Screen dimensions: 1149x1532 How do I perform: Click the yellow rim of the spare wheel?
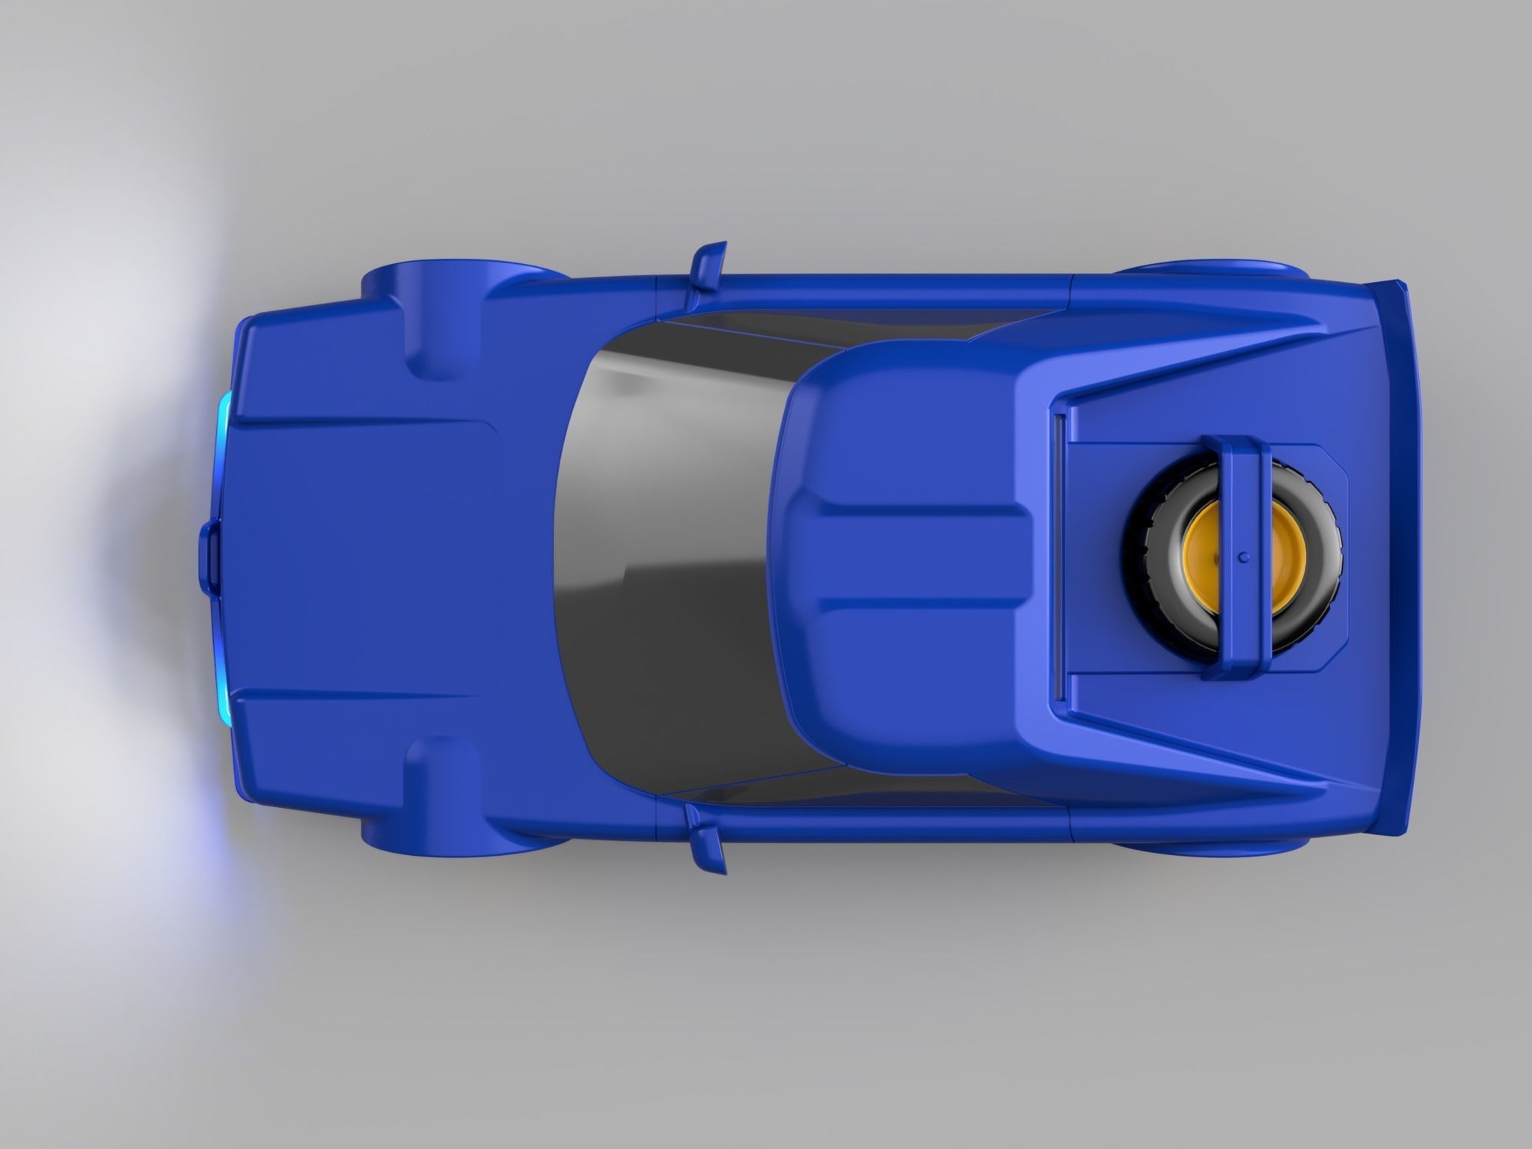click(1204, 557)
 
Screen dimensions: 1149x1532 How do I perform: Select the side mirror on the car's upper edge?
click(708, 266)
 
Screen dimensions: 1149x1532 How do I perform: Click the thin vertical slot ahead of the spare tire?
click(1058, 557)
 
